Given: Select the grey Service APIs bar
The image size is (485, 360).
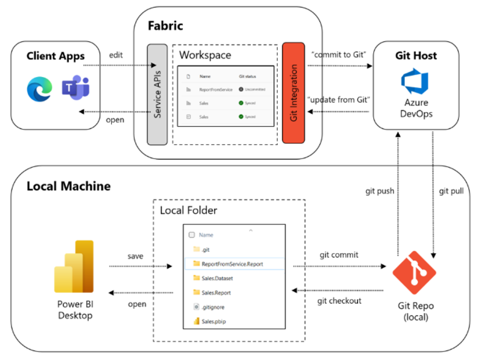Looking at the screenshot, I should [x=157, y=93].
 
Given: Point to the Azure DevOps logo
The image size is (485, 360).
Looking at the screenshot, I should [x=414, y=82].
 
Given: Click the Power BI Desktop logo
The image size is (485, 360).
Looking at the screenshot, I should [x=74, y=267].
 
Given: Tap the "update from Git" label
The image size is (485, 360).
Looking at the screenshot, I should [x=339, y=99].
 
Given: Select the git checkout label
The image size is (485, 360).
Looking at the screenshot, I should [x=339, y=300].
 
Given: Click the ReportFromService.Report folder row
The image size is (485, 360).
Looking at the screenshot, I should [x=232, y=264].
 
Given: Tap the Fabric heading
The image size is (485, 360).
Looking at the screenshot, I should [x=165, y=26].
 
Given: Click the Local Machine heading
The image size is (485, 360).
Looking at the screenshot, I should [x=68, y=186].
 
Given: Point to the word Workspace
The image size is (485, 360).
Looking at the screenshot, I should [x=205, y=55].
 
